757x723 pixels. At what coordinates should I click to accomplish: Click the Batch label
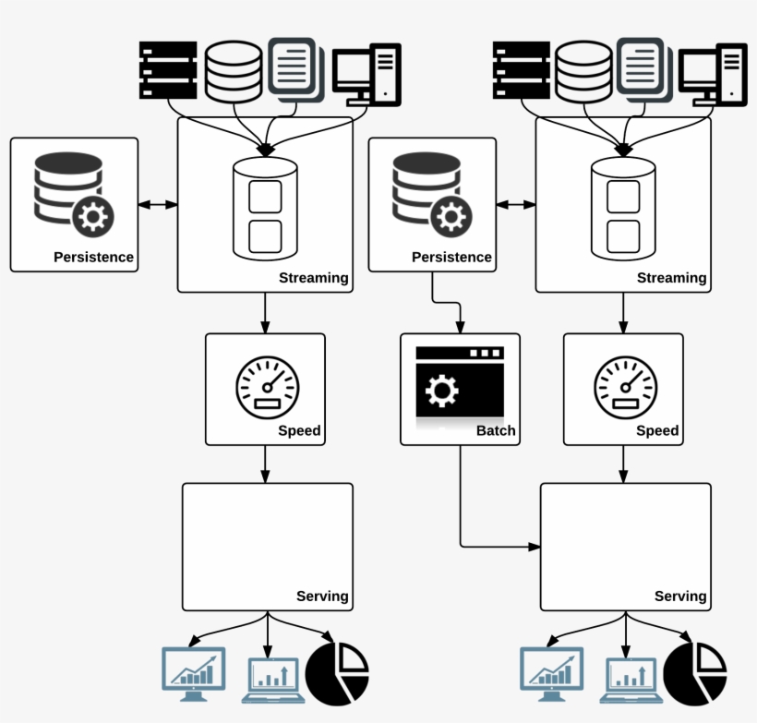click(496, 430)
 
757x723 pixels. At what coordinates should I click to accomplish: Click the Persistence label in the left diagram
click(93, 257)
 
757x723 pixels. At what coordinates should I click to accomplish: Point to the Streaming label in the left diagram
click(314, 277)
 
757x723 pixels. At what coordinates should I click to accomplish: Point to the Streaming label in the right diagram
click(672, 277)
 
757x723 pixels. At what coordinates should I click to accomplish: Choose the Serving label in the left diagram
click(322, 596)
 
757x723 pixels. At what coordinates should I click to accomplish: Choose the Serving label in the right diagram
click(680, 596)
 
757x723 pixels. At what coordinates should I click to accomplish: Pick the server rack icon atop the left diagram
click(168, 70)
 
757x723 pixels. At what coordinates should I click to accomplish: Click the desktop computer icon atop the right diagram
click(713, 74)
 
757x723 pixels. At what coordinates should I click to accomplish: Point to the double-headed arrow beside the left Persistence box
click(157, 204)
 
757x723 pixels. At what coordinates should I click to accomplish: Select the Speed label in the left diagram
click(299, 430)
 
